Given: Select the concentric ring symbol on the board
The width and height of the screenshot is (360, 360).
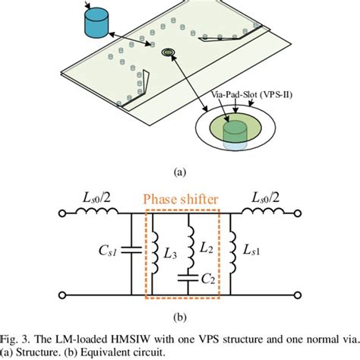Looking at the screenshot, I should coord(169,53).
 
